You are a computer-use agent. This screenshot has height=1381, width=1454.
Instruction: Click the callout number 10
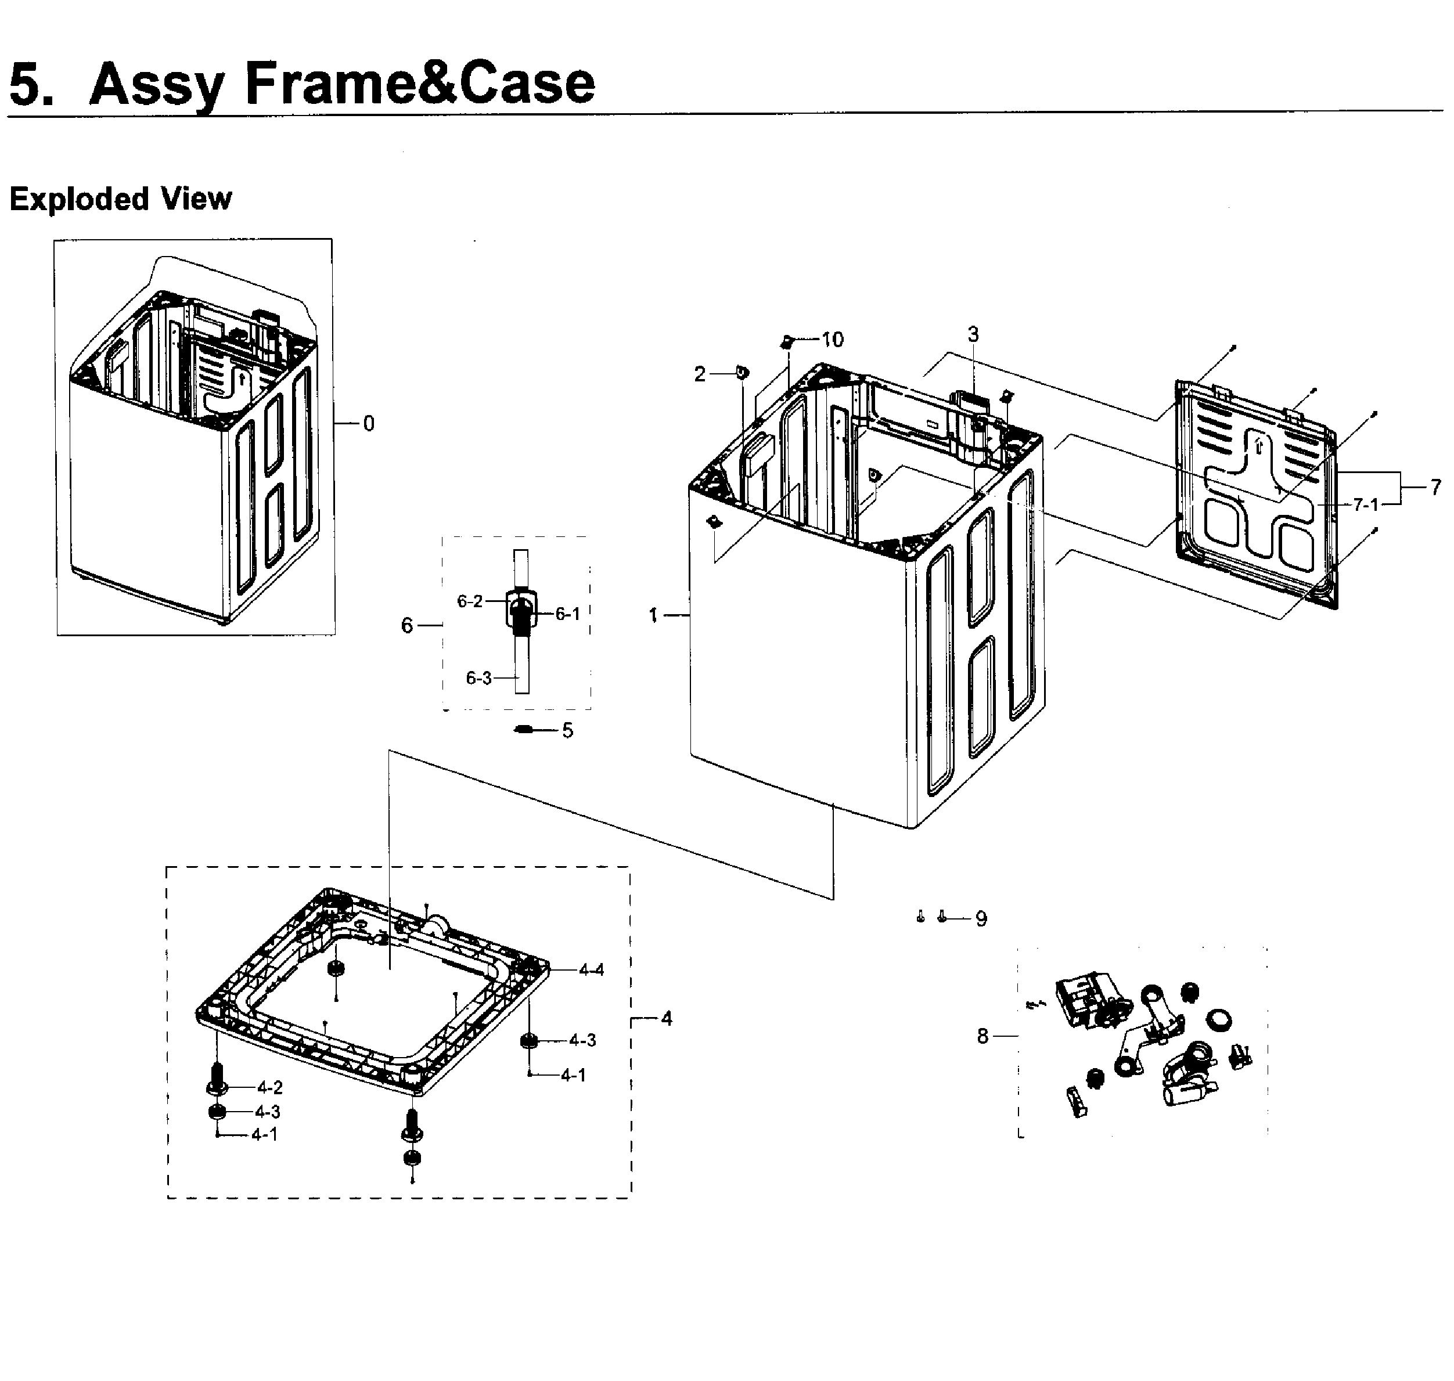pyautogui.click(x=832, y=340)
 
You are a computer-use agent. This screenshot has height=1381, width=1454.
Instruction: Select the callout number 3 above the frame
pyautogui.click(x=973, y=334)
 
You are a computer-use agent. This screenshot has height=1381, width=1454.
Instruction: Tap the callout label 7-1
pyautogui.click(x=1366, y=504)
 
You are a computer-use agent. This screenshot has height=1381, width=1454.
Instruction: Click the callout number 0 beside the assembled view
pyautogui.click(x=369, y=423)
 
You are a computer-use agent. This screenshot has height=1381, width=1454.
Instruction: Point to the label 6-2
pyautogui.click(x=470, y=601)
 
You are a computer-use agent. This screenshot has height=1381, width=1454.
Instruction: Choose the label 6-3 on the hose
pyautogui.click(x=478, y=678)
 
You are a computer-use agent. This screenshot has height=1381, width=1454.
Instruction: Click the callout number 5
pyautogui.click(x=568, y=730)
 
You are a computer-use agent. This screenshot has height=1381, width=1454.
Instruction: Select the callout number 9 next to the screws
pyautogui.click(x=981, y=919)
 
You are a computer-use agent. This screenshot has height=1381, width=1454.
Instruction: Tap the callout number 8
pyautogui.click(x=982, y=1037)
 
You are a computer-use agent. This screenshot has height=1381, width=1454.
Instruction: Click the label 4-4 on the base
pyautogui.click(x=591, y=970)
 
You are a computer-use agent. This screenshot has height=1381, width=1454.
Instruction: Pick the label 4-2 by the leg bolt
pyautogui.click(x=270, y=1087)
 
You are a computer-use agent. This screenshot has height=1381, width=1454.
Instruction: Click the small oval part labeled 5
pyautogui.click(x=523, y=730)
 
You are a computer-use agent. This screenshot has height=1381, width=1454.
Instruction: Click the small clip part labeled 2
pyautogui.click(x=742, y=373)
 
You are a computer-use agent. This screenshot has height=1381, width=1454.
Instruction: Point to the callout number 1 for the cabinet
pyautogui.click(x=652, y=615)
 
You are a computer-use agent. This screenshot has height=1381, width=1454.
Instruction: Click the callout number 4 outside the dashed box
pyautogui.click(x=666, y=1019)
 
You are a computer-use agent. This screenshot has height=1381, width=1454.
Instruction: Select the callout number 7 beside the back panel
pyautogui.click(x=1435, y=487)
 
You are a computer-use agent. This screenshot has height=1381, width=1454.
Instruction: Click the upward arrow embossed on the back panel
pyautogui.click(x=1257, y=445)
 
